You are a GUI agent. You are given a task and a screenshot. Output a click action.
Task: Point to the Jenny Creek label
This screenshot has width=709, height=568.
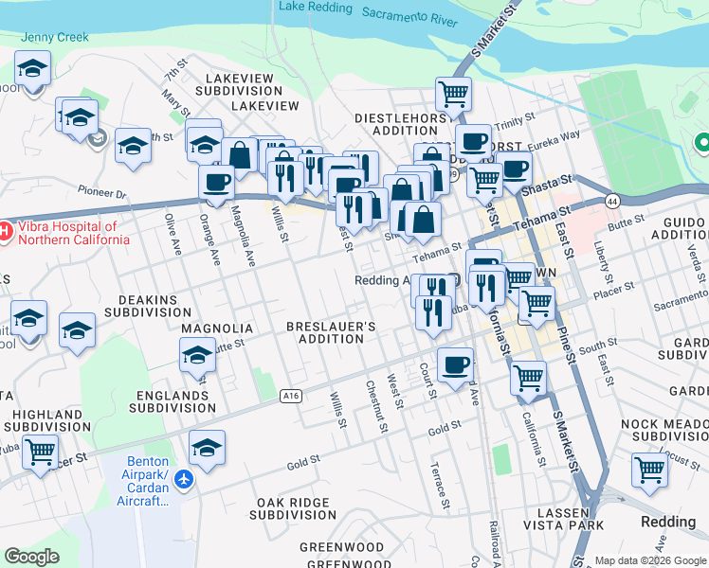pyautogui.click(x=55, y=38)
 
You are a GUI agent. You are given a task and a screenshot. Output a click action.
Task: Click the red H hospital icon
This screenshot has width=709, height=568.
pyautogui.click(x=5, y=231)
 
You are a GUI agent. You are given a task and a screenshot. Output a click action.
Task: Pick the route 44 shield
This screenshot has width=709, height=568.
pyautogui.click(x=611, y=201)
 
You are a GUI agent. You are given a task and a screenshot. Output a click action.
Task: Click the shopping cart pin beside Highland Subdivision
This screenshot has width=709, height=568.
pyautogui.click(x=41, y=453)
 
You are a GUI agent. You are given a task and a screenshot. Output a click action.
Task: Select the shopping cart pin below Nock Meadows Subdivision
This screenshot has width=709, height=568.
pyautogui.click(x=649, y=470)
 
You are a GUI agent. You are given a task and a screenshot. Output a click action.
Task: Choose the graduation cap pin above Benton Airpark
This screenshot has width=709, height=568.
pyautogui.click(x=207, y=447)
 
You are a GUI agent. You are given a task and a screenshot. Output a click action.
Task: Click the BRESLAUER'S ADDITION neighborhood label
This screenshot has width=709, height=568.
pyautogui.click(x=332, y=333)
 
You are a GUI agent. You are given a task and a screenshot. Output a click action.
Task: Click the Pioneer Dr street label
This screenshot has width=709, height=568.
pyautogui.click(x=102, y=193)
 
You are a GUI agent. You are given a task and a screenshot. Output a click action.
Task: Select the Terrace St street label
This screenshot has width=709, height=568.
pyautogui.click(x=438, y=482)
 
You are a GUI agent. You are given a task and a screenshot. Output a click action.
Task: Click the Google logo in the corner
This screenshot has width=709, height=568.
pyautogui.click(x=32, y=557)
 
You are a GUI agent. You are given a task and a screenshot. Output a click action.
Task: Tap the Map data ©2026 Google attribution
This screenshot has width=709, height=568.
pyautogui.click(x=649, y=560)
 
